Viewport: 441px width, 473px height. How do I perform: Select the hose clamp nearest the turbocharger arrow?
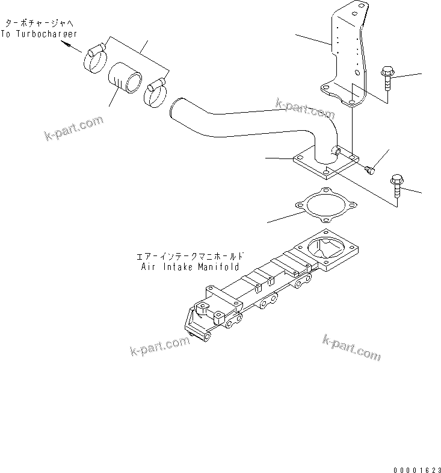tap(96, 57)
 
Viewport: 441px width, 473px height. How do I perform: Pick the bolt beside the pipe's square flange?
tap(397, 183)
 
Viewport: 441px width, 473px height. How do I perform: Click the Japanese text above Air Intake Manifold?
tap(188, 255)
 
